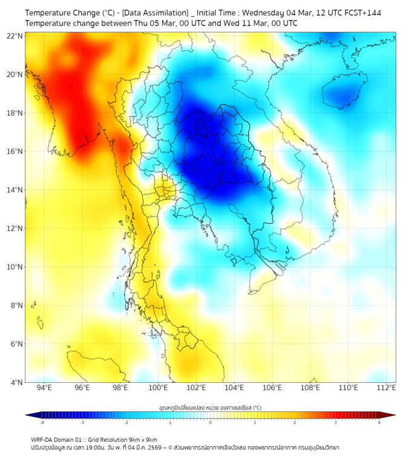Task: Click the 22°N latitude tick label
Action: (x=15, y=36)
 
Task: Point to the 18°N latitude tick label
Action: (x=15, y=113)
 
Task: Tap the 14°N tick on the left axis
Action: (x=15, y=190)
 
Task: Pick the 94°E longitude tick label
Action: (x=44, y=388)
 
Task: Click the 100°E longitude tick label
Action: (x=158, y=388)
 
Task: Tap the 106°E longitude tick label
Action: (x=272, y=388)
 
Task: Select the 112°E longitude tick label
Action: (x=386, y=388)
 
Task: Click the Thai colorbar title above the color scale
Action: (x=210, y=407)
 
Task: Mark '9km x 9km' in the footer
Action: (x=141, y=439)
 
